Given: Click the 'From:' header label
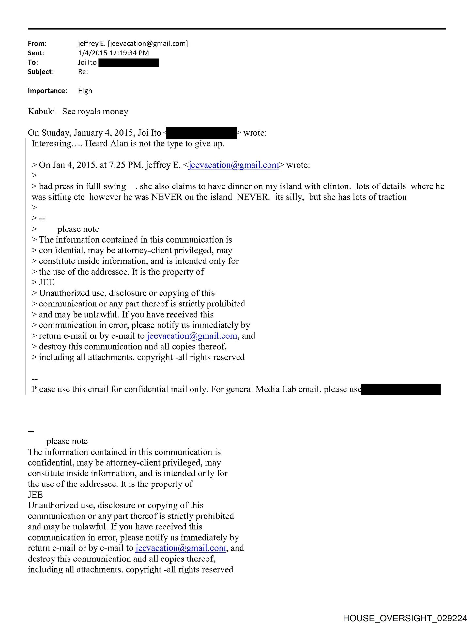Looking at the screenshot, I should tap(37, 44).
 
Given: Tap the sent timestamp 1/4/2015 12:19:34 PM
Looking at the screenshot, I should tap(113, 53).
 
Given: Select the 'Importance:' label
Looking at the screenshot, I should tap(47, 91).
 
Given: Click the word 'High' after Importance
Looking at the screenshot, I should tap(85, 91).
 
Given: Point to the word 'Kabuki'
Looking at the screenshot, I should tap(41, 112).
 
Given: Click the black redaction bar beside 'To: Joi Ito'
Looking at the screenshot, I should tap(129, 63).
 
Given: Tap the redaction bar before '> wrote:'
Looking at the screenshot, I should tap(201, 133).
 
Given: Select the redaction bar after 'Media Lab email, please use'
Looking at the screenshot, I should tap(401, 390).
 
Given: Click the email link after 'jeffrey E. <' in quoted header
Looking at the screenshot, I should tap(234, 165).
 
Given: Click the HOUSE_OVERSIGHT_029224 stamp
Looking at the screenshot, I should tap(405, 618).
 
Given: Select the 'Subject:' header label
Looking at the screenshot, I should tap(40, 72).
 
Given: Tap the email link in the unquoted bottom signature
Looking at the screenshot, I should tap(180, 548).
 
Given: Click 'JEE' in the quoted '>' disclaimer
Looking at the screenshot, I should tap(46, 283).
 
